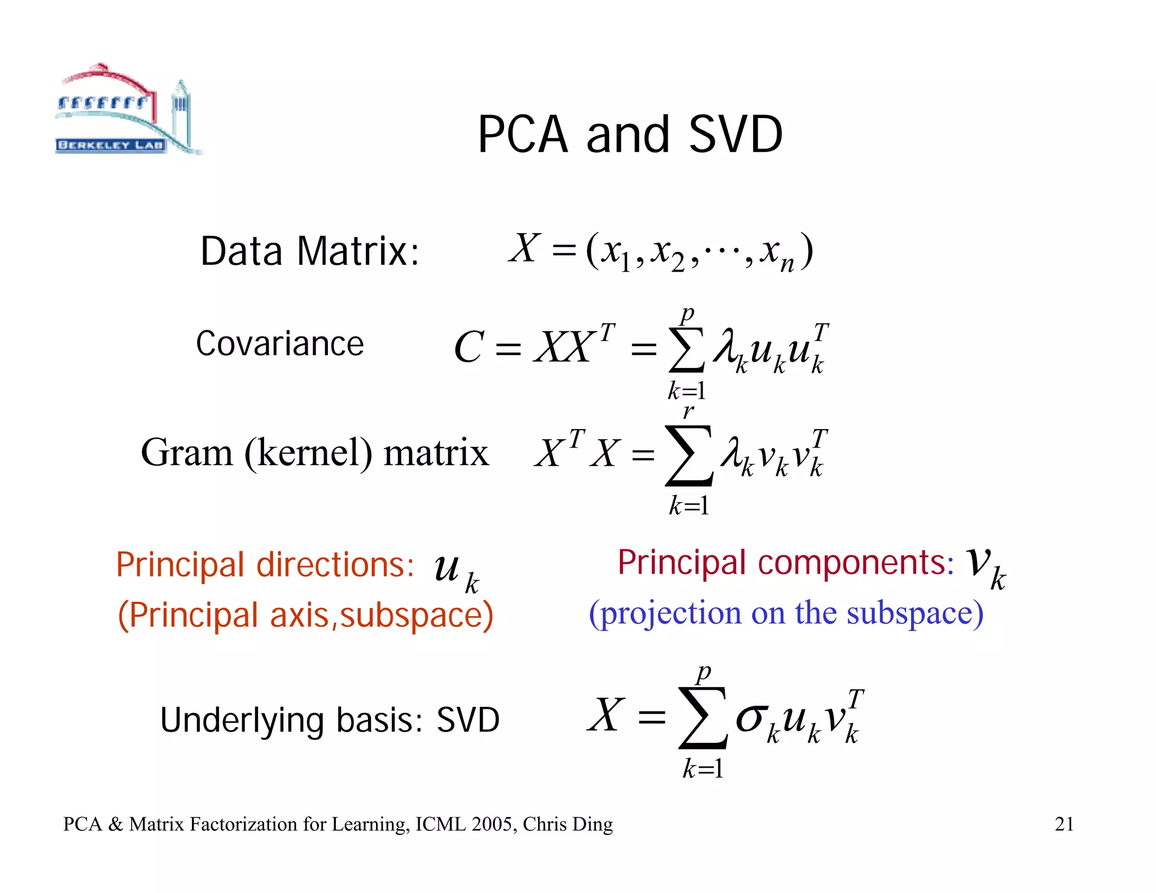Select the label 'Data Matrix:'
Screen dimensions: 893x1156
pyautogui.click(x=310, y=251)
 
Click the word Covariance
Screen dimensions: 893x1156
pyautogui.click(x=280, y=344)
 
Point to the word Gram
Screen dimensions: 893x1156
pyautogui.click(x=187, y=453)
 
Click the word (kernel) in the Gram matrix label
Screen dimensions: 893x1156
pyautogui.click(x=308, y=453)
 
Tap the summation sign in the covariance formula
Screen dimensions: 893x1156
pyautogui.click(x=686, y=351)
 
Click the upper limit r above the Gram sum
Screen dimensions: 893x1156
pyautogui.click(x=688, y=412)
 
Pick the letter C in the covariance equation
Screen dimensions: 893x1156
pyautogui.click(x=469, y=347)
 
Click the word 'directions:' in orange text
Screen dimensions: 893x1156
pyautogui.click(x=335, y=564)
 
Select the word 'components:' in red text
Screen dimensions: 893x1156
pyautogui.click(x=856, y=563)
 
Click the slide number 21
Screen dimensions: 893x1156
pyautogui.click(x=1064, y=824)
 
